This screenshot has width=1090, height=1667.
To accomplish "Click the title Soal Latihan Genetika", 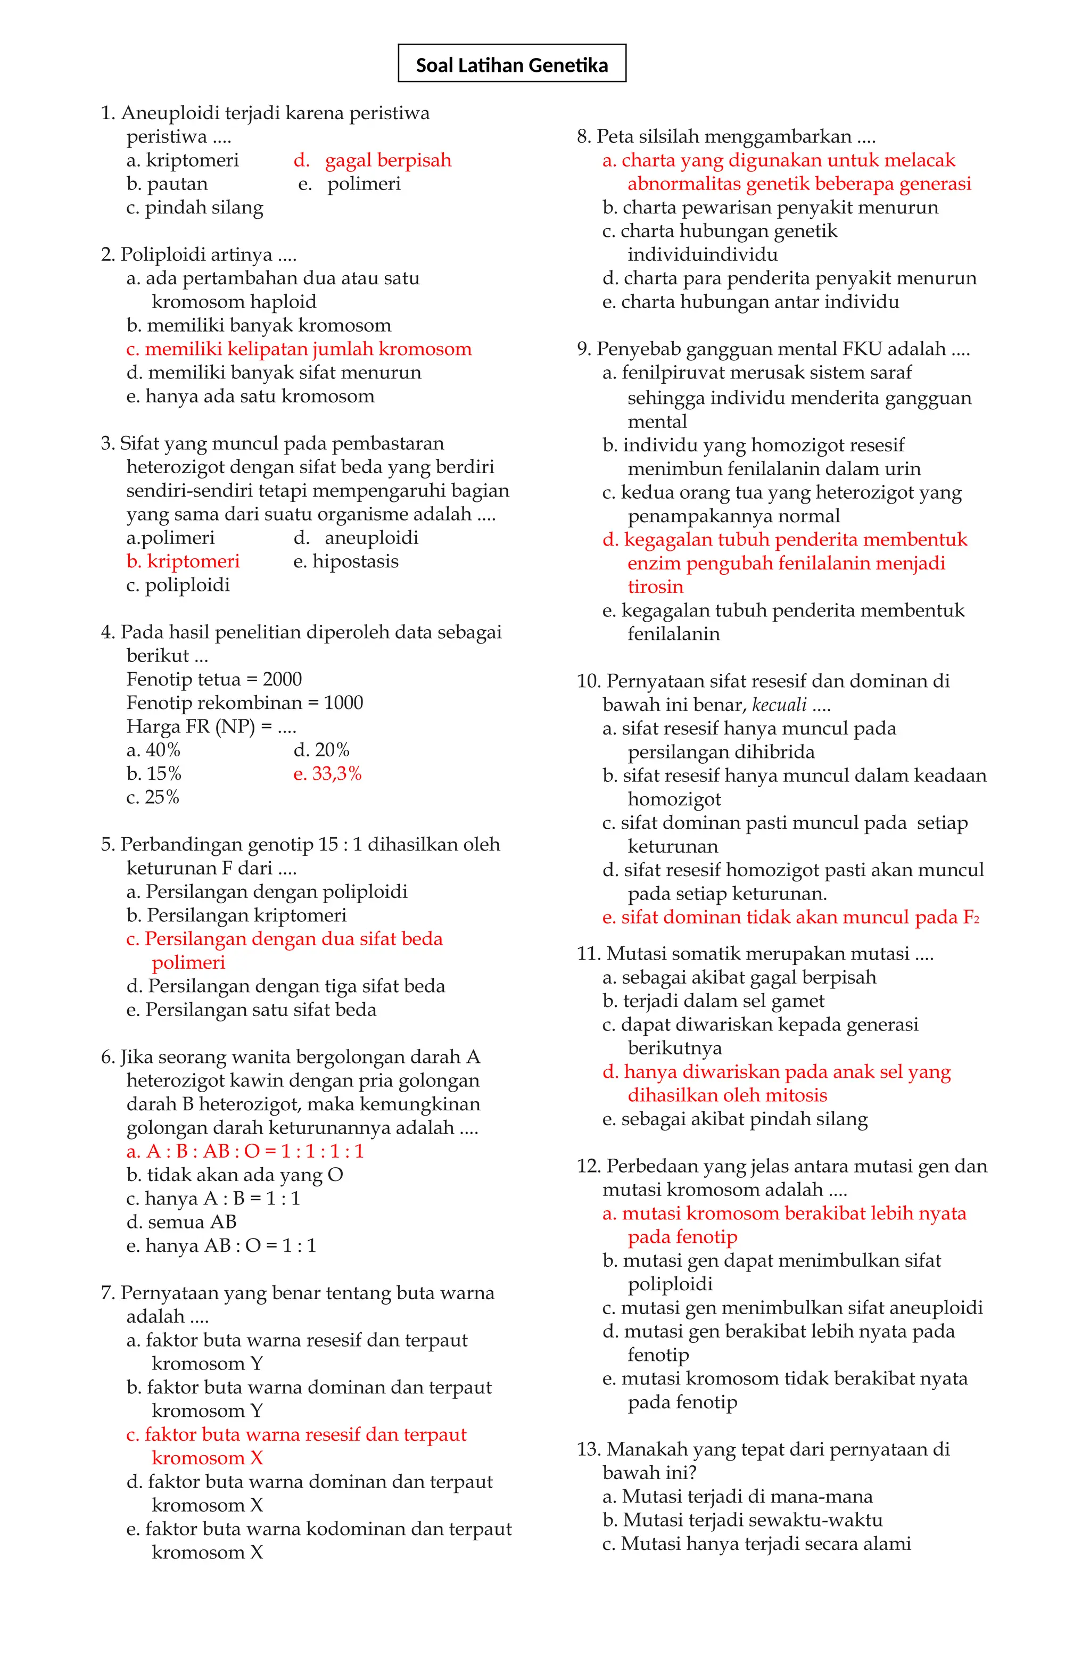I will pyautogui.click(x=511, y=65).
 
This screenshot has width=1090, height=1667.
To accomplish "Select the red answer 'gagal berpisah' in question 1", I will pyautogui.click(x=387, y=160).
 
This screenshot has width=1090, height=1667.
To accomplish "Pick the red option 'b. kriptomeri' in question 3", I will pyautogui.click(x=183, y=561).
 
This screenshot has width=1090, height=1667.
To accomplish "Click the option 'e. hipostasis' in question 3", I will pyautogui.click(x=345, y=561).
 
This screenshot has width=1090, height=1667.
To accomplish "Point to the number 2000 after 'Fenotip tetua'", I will pyautogui.click(x=282, y=679).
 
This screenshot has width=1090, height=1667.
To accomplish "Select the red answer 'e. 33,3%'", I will pyautogui.click(x=327, y=773).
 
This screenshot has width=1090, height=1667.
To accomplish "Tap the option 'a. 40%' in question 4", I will pyautogui.click(x=153, y=750).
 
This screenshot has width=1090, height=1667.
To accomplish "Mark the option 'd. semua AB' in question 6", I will pyautogui.click(x=181, y=1222).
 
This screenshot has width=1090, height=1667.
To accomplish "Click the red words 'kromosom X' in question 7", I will pyautogui.click(x=208, y=1458).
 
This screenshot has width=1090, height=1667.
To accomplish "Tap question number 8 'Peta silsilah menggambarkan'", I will pyautogui.click(x=726, y=137).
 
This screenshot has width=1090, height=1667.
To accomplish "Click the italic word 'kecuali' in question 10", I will pyautogui.click(x=778, y=705).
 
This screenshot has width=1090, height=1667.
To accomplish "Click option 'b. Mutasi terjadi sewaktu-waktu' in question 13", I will pyautogui.click(x=742, y=1520).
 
